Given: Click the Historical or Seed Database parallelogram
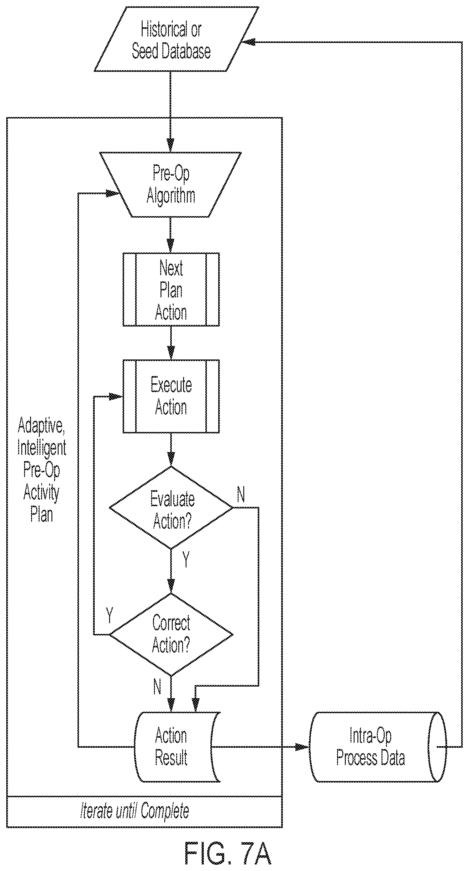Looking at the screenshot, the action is pos(177,39).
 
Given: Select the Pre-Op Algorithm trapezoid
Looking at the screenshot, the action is pos(170,185).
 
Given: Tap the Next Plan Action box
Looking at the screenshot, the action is pos(171,289).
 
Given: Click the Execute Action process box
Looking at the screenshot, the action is pos(171,396).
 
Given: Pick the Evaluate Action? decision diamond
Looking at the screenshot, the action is pos(171,507).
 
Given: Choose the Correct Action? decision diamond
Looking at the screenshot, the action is pos(171,635).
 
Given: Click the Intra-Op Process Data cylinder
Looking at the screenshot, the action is pos(378,747).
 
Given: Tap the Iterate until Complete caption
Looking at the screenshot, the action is pos(134,811).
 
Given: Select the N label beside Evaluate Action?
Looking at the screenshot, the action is pos(241,495).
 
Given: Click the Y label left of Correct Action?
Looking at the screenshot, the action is pos(109,615).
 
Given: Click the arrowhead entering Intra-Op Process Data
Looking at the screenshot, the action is pos(302,747).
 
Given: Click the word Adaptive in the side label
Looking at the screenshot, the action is pos(41,426).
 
